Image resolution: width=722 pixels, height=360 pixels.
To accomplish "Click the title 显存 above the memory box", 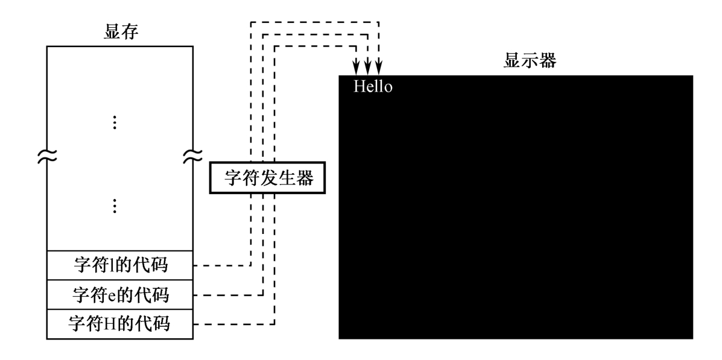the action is [x=121, y=32].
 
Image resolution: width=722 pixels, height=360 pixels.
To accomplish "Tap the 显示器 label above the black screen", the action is [x=530, y=60].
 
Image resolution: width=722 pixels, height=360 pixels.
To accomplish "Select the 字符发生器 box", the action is [x=268, y=178].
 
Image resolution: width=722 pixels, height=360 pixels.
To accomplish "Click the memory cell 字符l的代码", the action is [x=119, y=265].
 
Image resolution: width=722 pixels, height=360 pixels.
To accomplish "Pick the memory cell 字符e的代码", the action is [x=119, y=295].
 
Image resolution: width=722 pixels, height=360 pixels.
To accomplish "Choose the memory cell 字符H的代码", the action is [x=119, y=324].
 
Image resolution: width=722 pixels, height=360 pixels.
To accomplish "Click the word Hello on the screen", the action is [x=373, y=87].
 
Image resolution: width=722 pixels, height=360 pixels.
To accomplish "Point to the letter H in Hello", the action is [x=359, y=87].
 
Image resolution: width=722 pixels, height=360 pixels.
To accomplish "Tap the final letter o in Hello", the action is [x=388, y=88].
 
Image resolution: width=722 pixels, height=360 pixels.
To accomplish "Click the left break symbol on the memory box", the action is [x=47, y=157].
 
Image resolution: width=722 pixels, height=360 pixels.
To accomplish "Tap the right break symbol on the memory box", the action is [x=193, y=157].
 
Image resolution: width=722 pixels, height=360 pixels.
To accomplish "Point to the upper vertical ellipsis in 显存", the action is [x=115, y=122].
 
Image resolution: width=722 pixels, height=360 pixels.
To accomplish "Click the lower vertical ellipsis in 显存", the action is [x=115, y=206].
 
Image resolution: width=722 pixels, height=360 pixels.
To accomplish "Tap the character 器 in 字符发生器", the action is [x=305, y=178].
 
